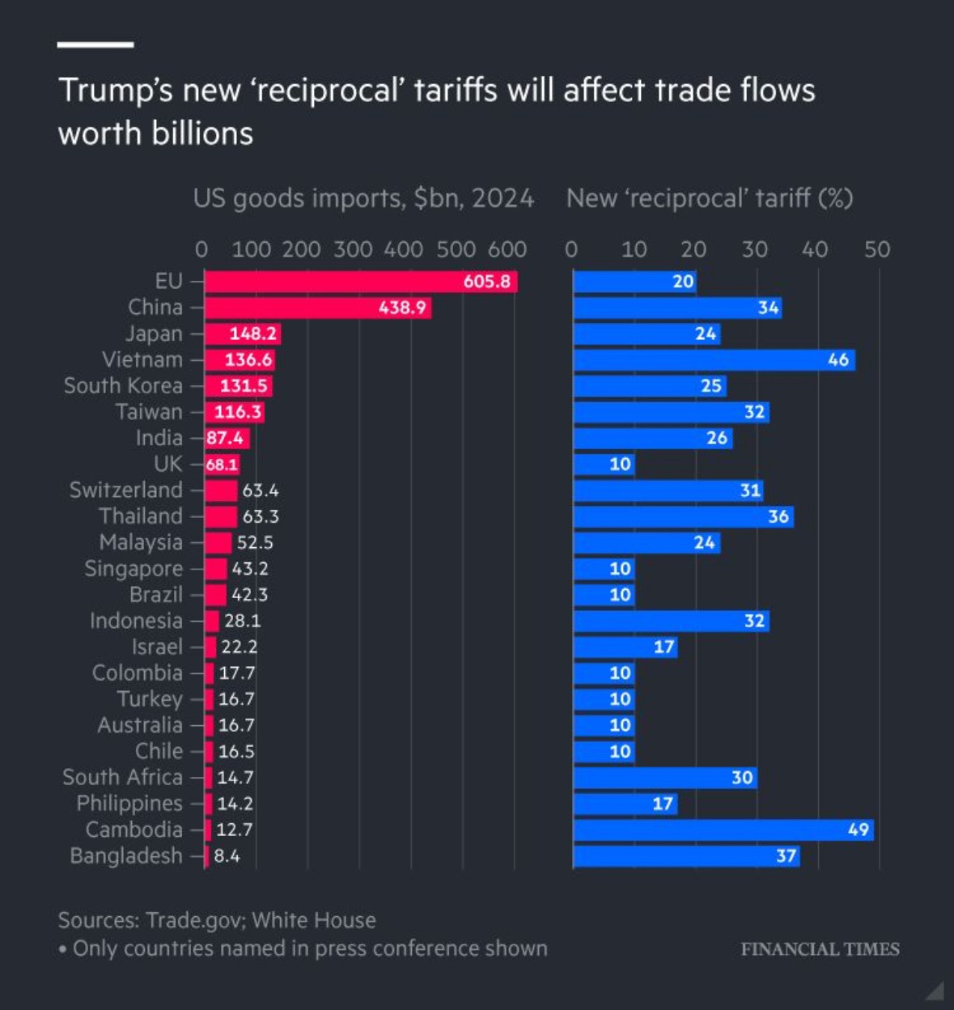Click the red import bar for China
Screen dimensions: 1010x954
(x=317, y=308)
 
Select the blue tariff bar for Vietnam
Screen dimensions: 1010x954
(x=714, y=359)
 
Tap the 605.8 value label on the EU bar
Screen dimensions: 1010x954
(x=487, y=282)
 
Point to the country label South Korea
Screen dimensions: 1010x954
(x=123, y=385)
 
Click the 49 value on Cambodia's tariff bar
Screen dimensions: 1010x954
(x=859, y=830)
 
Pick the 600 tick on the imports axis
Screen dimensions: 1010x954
(x=507, y=249)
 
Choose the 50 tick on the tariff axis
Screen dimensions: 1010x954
(x=877, y=249)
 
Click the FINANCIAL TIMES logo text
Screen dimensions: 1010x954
(x=820, y=949)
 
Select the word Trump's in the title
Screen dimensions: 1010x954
(x=116, y=90)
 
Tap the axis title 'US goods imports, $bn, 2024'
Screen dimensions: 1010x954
(x=363, y=198)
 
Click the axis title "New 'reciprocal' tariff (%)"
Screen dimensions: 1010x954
(x=710, y=198)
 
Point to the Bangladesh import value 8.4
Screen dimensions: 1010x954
(x=227, y=855)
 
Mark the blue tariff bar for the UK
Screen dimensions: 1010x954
(x=604, y=464)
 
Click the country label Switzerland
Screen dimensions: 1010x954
(x=126, y=490)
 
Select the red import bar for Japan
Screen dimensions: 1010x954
(x=242, y=333)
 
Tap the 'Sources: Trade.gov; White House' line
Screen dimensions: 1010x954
(x=217, y=920)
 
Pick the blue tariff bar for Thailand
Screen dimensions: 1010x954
(x=683, y=516)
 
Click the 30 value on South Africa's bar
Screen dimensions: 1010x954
(x=742, y=778)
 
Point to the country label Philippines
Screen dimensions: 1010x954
(x=129, y=804)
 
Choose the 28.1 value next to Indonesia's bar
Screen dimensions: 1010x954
(x=242, y=621)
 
